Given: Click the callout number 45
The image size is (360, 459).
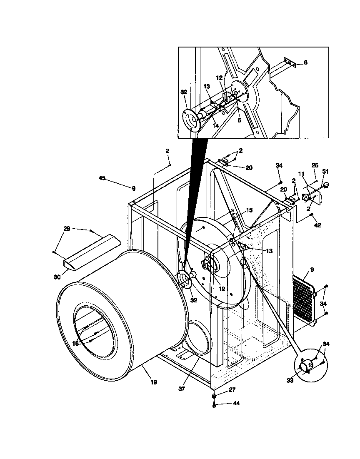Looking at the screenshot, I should click(102, 178).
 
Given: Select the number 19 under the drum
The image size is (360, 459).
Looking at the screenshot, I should click(154, 382).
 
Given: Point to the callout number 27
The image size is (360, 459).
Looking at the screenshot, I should click(232, 390).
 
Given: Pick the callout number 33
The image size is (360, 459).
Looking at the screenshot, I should click(290, 380).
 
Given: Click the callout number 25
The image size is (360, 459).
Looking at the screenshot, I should click(315, 165).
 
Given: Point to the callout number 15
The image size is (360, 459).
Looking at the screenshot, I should click(249, 210).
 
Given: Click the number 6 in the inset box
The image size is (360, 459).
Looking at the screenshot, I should click(305, 62).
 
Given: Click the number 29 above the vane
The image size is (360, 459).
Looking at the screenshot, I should click(67, 229).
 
